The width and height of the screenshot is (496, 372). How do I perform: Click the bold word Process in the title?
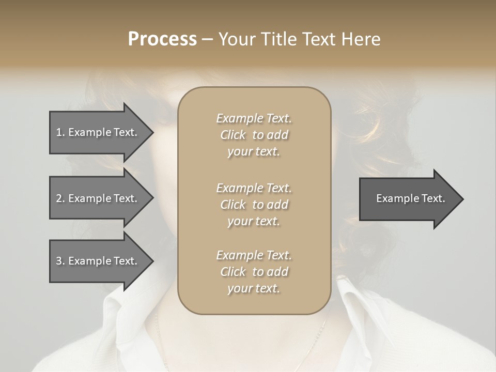point(162,39)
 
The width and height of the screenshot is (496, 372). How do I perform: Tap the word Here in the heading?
point(361,39)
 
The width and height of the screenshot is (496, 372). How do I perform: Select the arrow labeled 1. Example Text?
point(98,132)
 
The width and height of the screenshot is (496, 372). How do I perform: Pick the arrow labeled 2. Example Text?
point(98,198)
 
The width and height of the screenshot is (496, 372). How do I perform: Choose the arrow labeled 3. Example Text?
point(98,261)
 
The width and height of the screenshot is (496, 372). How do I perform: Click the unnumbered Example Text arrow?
point(408,198)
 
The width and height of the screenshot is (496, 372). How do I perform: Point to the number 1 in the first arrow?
point(59,132)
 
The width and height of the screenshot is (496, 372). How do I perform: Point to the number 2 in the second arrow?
point(59,198)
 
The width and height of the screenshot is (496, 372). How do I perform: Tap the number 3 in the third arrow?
point(59,261)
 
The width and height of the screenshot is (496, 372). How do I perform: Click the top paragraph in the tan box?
point(254,135)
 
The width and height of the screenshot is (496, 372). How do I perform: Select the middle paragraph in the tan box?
point(254,205)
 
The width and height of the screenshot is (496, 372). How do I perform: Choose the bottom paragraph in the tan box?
point(254,272)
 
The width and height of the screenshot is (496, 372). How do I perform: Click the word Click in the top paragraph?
point(233,135)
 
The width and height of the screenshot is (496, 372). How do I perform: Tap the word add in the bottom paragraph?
point(277,272)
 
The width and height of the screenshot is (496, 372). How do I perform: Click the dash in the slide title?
point(207,39)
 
